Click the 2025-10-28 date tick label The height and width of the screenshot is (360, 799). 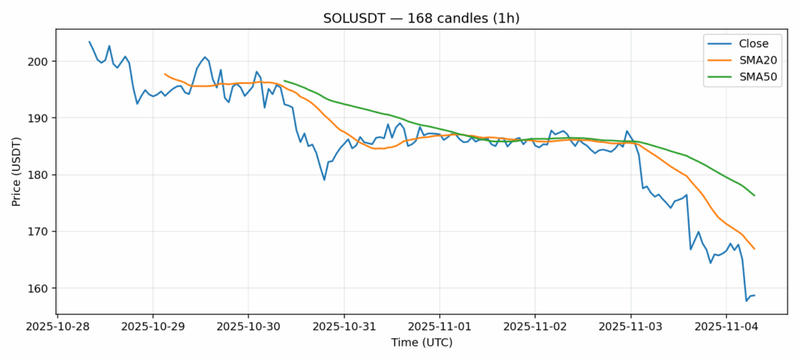click(x=58, y=327)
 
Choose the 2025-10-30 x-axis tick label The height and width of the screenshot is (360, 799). click(x=248, y=327)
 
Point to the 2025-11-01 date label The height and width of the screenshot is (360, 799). click(x=439, y=327)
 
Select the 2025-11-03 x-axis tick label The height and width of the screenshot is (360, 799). click(x=630, y=327)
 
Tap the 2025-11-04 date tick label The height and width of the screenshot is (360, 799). click(x=726, y=327)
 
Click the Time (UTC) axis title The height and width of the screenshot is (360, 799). click(x=421, y=343)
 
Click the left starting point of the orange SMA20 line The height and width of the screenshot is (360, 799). click(x=165, y=73)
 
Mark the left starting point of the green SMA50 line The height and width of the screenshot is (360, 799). click(x=284, y=81)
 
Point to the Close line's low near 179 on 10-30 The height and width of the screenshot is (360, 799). click(x=324, y=180)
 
